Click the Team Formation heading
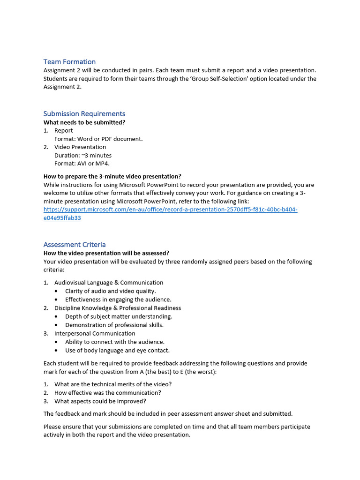pos(69,62)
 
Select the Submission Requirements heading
pos(84,113)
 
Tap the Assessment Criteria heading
pos(75,244)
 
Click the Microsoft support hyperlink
pos(170,210)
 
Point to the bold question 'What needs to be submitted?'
pos(84,122)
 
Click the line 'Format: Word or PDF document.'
pos(98,139)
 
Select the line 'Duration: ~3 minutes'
pos(83,155)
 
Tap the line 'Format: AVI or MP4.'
pos(82,164)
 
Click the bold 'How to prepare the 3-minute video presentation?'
pos(112,176)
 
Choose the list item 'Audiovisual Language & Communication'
pos(109,283)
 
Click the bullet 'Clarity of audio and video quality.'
pos(111,291)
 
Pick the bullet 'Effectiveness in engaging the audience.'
pos(118,300)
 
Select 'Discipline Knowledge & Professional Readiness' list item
pos(118,308)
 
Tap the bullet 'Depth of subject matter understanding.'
pos(119,316)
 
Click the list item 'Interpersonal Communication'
pos(95,333)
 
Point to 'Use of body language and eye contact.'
pos(117,350)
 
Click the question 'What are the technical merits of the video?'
pos(113,384)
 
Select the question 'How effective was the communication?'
pos(108,393)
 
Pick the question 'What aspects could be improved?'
pos(100,401)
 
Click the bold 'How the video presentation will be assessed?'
pos(106,253)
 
